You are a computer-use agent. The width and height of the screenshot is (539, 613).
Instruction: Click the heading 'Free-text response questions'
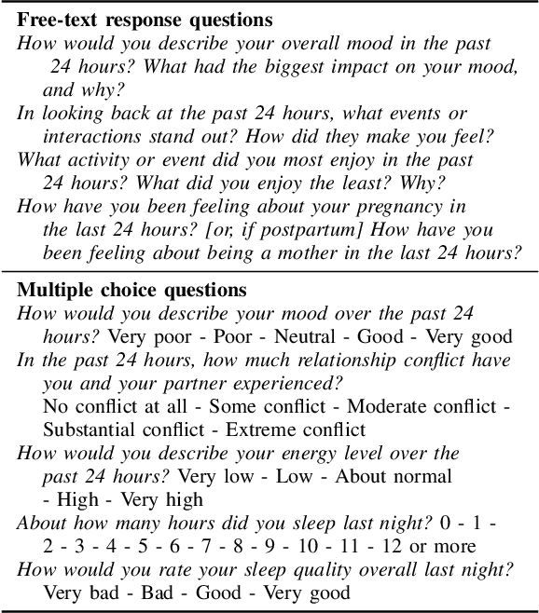[145, 20]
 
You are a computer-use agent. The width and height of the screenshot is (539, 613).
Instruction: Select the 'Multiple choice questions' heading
[132, 290]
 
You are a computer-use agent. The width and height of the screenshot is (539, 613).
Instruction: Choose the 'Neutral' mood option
[309, 336]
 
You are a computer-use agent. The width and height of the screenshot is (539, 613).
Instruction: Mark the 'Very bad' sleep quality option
[79, 593]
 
